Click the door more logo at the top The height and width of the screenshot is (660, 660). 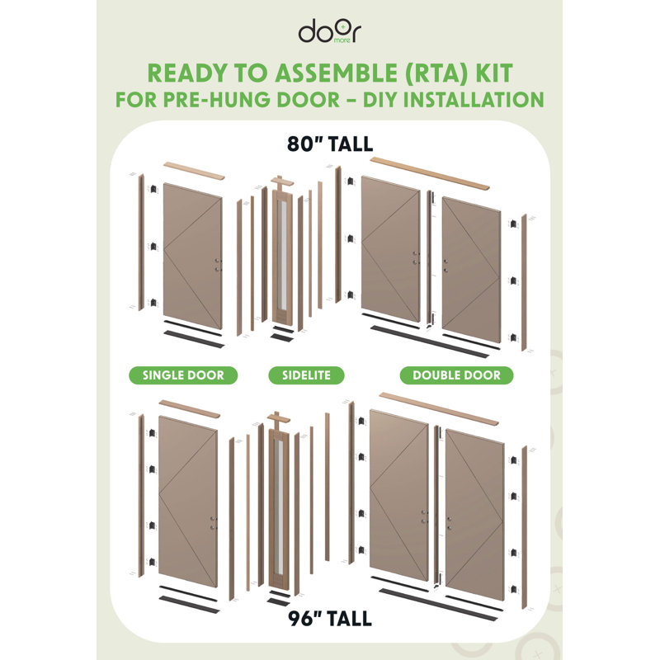tap(329, 31)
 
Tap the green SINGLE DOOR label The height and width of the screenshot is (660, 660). tap(183, 375)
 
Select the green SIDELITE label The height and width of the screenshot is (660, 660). tap(306, 375)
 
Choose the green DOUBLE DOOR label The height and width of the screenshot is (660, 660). tap(456, 375)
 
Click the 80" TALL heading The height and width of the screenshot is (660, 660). tap(329, 144)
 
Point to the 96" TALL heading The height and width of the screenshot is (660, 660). tap(329, 619)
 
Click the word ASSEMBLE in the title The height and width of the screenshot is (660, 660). tap(336, 73)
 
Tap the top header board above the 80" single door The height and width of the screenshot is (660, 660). tap(194, 171)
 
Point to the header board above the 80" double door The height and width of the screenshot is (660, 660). tap(430, 173)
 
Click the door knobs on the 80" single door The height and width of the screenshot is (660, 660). tap(218, 265)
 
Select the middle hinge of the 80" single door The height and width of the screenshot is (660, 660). tap(153, 246)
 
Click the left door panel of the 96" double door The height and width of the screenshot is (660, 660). tap(399, 495)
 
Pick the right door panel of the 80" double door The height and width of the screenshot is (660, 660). tap(471, 270)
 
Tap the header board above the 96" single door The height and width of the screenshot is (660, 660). tap(190, 408)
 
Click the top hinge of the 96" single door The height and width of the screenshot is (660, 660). tap(152, 433)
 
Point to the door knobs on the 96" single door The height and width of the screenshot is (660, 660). tap(213, 522)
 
